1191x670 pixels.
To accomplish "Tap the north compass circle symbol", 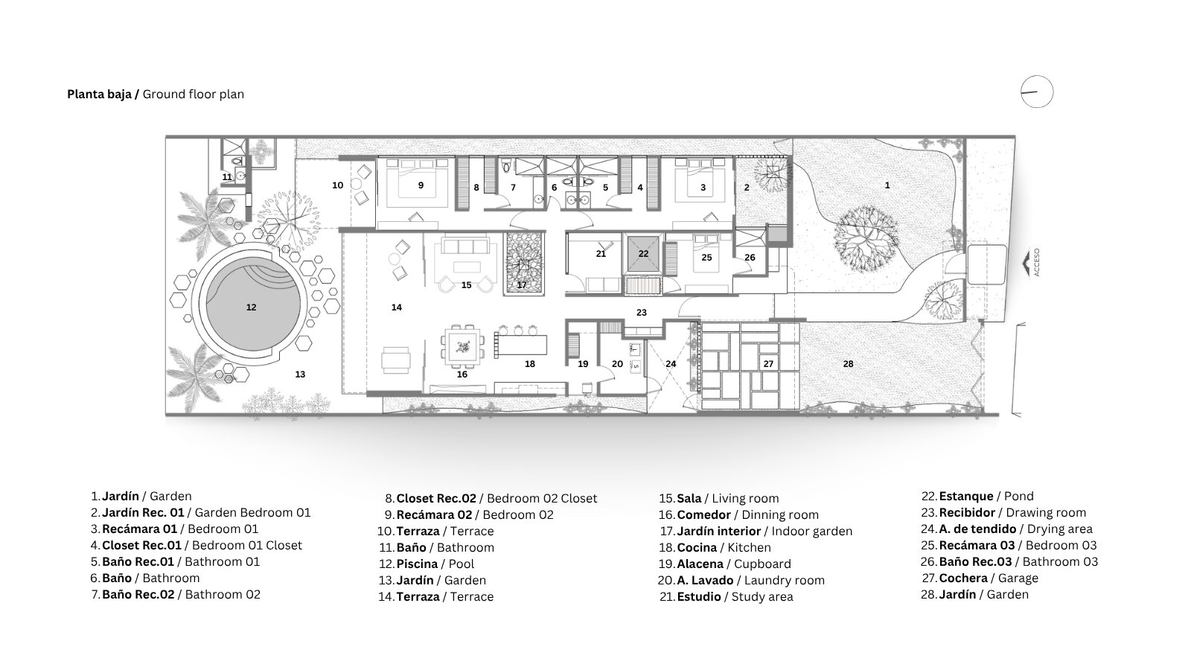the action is [x=1037, y=92].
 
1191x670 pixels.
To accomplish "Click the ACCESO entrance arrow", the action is [x=1026, y=264].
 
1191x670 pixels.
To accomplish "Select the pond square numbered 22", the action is [x=643, y=254].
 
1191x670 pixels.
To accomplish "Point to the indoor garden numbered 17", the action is [x=524, y=264].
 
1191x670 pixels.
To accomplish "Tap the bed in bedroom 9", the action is [x=417, y=183].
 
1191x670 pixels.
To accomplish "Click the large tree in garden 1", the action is [x=866, y=239].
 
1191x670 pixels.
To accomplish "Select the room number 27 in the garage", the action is [x=768, y=364].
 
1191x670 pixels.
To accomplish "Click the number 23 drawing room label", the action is [x=641, y=313].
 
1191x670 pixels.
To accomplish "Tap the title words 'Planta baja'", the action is [x=99, y=94].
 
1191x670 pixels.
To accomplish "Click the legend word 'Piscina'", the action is [x=417, y=564].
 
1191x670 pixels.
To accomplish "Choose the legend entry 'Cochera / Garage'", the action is [x=989, y=578].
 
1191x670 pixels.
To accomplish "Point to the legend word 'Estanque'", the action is [x=966, y=497].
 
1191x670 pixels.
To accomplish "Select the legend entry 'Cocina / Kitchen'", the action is [x=724, y=548].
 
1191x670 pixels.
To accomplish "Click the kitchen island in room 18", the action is [x=521, y=345].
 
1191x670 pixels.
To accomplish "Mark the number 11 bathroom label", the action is [x=227, y=177].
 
